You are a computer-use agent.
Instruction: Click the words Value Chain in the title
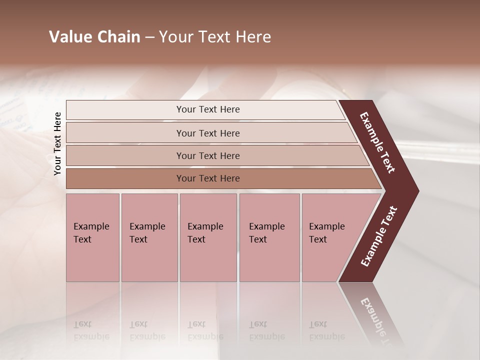(x=94, y=37)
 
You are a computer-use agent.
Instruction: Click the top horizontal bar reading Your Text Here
(x=207, y=109)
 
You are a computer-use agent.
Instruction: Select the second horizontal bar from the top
(x=207, y=133)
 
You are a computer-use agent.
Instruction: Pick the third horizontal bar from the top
(x=207, y=155)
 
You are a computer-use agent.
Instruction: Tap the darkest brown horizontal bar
(x=207, y=178)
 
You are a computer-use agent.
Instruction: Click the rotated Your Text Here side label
(x=58, y=143)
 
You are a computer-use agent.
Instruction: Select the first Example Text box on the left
(x=92, y=237)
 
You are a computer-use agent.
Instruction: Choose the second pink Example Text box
(x=149, y=237)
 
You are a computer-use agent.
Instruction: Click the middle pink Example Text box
(x=208, y=237)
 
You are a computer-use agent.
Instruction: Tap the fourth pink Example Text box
(x=269, y=237)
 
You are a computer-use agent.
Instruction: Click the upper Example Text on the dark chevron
(x=377, y=143)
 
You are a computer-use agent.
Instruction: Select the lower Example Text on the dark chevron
(x=379, y=236)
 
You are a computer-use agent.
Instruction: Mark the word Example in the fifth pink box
(x=327, y=226)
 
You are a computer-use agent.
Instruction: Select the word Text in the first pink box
(x=82, y=239)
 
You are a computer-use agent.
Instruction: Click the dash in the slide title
(x=149, y=37)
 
